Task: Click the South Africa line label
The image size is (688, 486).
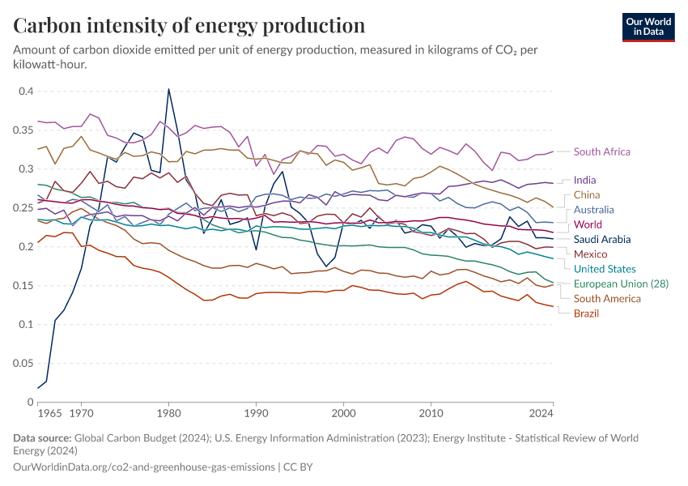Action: (x=601, y=151)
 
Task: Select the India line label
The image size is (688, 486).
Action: (x=586, y=180)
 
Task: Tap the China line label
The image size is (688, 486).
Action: (x=587, y=195)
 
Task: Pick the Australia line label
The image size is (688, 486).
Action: (x=594, y=210)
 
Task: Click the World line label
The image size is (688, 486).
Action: (x=588, y=224)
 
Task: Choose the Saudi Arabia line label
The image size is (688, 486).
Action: (x=602, y=239)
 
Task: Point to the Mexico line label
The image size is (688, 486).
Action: (x=590, y=254)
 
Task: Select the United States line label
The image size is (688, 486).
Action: (x=605, y=269)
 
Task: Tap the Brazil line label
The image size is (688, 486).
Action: (x=587, y=313)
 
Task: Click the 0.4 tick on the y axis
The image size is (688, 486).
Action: (x=26, y=92)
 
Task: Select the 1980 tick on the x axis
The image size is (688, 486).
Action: (x=168, y=413)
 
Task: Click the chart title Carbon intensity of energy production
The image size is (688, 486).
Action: (x=189, y=25)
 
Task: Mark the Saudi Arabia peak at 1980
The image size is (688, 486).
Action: (x=168, y=89)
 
